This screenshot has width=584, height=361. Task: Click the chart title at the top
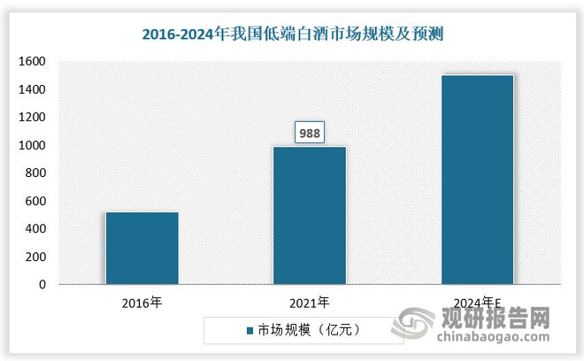click(x=292, y=35)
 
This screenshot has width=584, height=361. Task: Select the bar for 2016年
click(x=142, y=248)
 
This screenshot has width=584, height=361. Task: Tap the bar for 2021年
click(x=309, y=215)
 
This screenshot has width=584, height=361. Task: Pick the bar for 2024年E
click(x=477, y=180)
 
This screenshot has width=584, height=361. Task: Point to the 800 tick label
click(x=35, y=173)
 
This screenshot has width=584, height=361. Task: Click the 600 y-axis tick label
click(x=35, y=202)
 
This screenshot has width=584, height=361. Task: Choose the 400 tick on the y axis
click(x=35, y=229)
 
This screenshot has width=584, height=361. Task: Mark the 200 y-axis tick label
click(x=35, y=257)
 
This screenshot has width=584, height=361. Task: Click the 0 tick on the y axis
click(x=42, y=285)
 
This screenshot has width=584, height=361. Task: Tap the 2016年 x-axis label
click(x=142, y=303)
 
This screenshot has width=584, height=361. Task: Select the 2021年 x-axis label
click(x=309, y=303)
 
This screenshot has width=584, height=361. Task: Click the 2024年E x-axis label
click(x=477, y=303)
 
